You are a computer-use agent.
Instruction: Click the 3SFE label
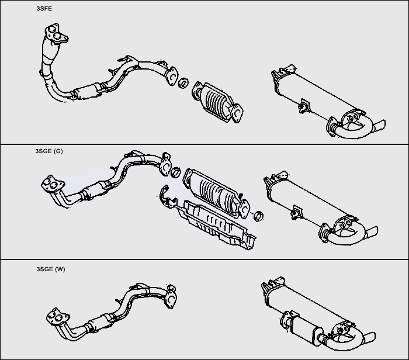[44, 9]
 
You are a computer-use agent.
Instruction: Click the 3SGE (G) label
[49, 151]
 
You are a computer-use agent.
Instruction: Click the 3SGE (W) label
[51, 269]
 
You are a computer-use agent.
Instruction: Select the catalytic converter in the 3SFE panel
[218, 102]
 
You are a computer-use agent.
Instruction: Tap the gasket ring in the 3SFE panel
[183, 83]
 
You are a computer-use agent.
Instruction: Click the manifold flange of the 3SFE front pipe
[56, 34]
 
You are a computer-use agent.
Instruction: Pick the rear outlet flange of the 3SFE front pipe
[171, 76]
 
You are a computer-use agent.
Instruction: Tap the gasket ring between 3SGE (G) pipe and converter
[176, 172]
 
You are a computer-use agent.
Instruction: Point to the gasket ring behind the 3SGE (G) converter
[258, 216]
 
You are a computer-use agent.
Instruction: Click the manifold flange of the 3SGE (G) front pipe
[53, 184]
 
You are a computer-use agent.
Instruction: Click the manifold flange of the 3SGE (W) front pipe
[58, 317]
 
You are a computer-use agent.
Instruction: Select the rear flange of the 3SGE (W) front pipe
[171, 297]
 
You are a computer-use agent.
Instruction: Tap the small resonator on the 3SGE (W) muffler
[303, 327]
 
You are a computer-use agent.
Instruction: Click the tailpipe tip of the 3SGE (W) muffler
[370, 338]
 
